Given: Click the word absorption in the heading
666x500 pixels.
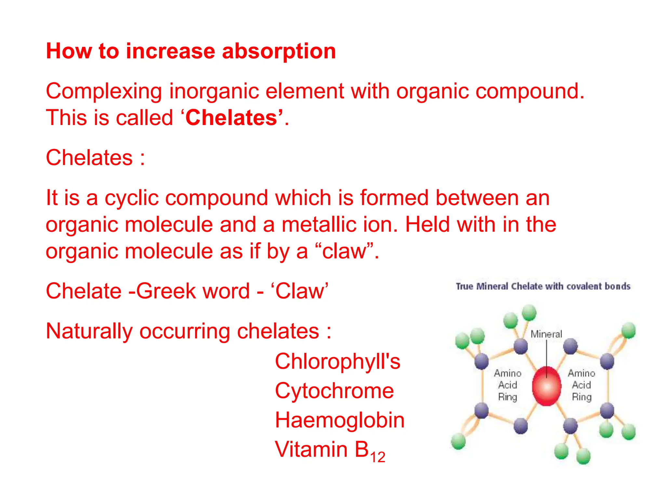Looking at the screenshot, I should (x=279, y=51).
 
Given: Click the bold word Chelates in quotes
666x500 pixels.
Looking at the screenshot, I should (x=231, y=118).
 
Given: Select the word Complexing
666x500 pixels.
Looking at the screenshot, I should (x=104, y=91).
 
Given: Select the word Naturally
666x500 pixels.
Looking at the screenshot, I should (x=89, y=331).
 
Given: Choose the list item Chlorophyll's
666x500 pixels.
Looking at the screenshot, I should (x=338, y=361).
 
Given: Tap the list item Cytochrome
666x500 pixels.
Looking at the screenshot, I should (x=334, y=391).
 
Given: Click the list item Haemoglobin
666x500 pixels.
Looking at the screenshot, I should (x=340, y=420).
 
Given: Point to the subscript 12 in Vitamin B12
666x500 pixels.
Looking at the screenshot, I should (x=378, y=457).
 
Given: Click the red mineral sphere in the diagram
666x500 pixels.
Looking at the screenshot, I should (x=547, y=387).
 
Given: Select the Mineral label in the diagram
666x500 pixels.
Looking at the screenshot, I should (x=546, y=334).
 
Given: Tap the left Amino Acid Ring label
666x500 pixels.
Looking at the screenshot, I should (x=508, y=385).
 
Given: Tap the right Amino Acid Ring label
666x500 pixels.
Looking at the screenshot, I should (x=581, y=385).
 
